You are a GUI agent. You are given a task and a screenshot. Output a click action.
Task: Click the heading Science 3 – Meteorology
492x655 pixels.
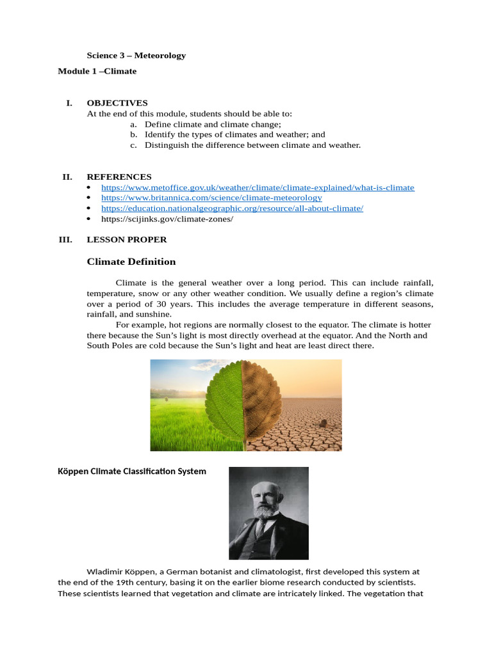136,55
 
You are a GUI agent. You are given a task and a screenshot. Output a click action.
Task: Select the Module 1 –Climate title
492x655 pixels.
97,71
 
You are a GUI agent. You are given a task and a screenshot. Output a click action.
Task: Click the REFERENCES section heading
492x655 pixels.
119,177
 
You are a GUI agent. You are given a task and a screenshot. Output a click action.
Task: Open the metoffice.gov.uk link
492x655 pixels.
258,187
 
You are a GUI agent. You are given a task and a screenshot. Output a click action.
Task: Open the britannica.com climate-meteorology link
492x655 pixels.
211,198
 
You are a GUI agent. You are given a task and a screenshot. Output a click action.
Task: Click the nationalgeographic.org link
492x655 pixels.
232,209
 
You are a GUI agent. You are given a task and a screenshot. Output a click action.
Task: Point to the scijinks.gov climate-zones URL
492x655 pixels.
167,219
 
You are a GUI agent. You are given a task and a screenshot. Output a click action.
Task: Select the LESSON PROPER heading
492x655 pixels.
127,239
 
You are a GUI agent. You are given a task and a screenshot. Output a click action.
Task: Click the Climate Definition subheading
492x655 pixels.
131,262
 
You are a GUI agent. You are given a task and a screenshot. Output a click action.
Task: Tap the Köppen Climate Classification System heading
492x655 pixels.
132,471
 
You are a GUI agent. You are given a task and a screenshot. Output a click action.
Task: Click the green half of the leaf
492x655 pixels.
225,403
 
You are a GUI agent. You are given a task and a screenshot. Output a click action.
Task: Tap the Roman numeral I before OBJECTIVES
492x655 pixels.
69,102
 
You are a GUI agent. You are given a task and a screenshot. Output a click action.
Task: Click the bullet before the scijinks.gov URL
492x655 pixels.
88,219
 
